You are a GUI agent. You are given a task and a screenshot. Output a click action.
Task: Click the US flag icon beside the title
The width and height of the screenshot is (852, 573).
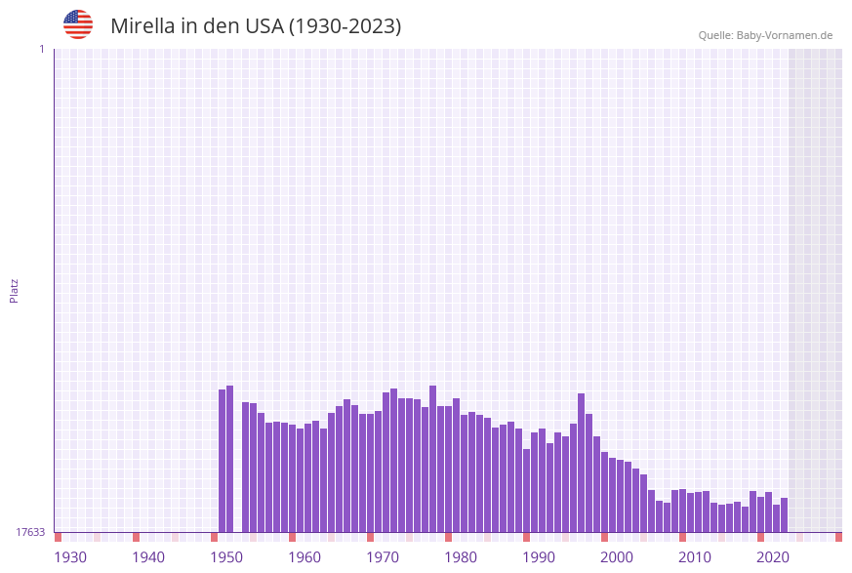click(78, 24)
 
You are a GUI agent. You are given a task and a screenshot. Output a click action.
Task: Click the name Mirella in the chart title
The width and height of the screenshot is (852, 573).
click(142, 26)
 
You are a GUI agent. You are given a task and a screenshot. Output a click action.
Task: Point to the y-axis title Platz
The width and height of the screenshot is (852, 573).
click(15, 290)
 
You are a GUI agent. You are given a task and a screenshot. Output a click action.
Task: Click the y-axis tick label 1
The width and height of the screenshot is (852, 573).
click(41, 49)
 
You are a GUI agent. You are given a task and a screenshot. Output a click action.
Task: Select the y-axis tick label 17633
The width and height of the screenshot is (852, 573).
click(30, 532)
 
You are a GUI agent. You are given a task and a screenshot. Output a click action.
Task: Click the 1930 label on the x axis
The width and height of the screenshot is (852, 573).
click(70, 557)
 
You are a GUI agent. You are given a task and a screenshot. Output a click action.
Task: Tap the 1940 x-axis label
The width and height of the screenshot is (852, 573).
click(148, 557)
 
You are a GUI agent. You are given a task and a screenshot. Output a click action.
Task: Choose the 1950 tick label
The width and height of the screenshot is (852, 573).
click(226, 557)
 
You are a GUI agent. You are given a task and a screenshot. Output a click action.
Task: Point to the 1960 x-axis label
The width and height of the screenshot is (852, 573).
click(304, 557)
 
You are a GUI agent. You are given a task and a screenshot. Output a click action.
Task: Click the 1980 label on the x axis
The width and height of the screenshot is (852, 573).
click(461, 557)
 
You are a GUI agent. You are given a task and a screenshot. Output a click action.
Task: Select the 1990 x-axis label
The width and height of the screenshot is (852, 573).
click(539, 557)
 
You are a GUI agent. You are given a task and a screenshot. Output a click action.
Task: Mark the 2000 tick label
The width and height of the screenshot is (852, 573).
click(617, 557)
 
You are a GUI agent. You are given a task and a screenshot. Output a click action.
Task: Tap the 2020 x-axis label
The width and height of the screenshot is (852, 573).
click(773, 557)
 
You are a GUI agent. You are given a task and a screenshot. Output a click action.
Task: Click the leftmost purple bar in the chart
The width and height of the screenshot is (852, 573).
click(223, 461)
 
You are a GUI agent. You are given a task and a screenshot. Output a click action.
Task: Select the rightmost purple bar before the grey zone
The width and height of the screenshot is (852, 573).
click(784, 514)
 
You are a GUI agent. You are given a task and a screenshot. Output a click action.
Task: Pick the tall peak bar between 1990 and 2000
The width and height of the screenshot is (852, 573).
click(582, 463)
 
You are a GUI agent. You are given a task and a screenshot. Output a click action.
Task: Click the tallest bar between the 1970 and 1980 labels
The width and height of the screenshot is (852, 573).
click(433, 459)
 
